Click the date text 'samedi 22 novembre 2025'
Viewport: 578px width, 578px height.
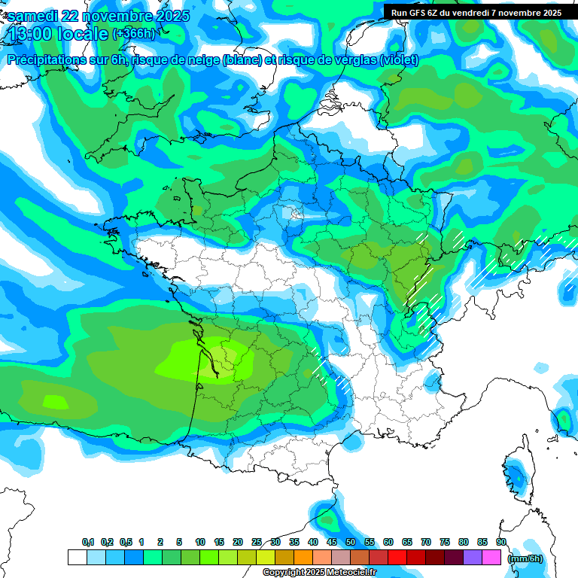(x=99, y=16)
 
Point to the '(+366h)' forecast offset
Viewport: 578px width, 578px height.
(x=134, y=34)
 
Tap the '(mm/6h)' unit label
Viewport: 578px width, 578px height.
(x=525, y=558)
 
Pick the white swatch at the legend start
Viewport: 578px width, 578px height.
(x=77, y=558)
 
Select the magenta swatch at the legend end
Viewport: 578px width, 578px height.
(x=491, y=558)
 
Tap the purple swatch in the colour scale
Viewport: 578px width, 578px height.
(x=473, y=558)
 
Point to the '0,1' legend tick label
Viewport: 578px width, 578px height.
(x=87, y=543)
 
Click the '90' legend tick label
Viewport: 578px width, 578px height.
(x=501, y=543)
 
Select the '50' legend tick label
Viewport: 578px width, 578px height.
(x=351, y=543)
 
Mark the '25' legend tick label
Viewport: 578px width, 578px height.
(x=257, y=543)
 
